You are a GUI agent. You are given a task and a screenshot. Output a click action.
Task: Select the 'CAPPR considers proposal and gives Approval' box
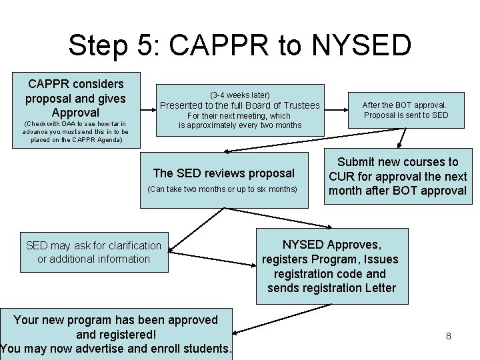click(75, 98)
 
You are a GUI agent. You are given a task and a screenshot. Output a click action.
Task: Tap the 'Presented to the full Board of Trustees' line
click(240, 105)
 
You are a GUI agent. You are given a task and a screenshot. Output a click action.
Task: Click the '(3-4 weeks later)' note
click(240, 95)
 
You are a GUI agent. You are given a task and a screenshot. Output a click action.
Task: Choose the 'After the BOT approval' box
click(405, 110)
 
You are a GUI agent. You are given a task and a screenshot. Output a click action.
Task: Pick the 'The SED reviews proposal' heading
click(224, 173)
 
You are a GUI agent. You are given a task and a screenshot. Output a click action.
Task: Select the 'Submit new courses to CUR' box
click(397, 176)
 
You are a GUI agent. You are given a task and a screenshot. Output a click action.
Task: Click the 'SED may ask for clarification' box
click(93, 252)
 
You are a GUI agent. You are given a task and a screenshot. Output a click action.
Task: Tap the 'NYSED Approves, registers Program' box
click(331, 267)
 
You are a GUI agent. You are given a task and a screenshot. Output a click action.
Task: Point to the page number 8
click(449, 336)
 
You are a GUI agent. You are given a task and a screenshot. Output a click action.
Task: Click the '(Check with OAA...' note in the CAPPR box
click(75, 132)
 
